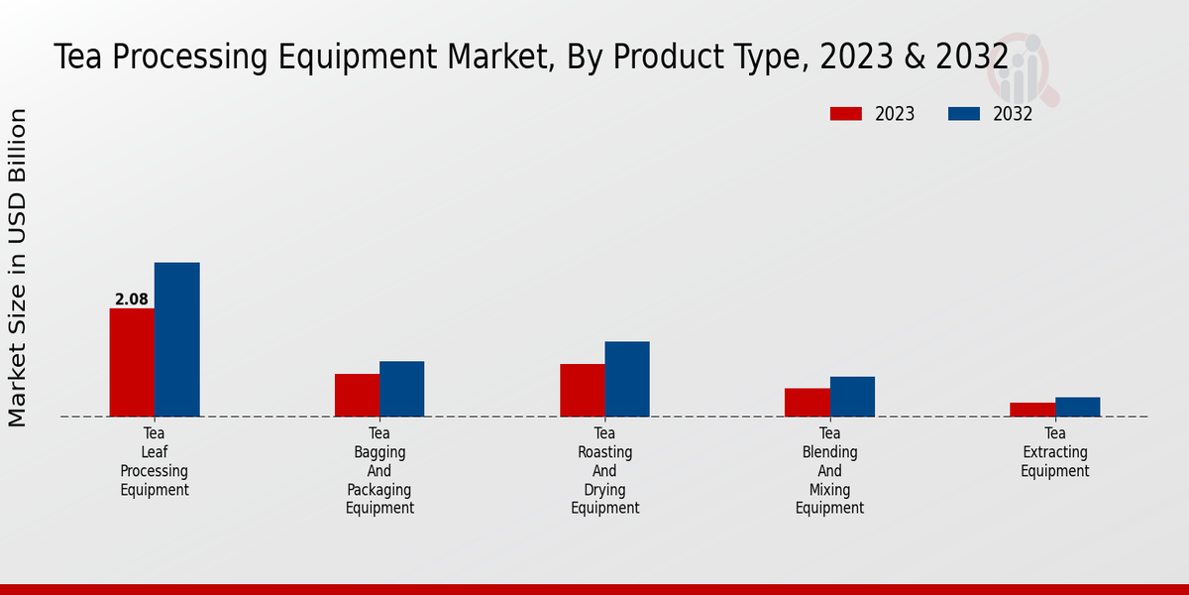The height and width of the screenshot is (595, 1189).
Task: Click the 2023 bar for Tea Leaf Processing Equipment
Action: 132,362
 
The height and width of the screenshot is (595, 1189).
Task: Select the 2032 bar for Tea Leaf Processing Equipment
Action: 176,339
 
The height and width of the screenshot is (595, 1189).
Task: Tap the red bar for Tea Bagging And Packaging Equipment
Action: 357,395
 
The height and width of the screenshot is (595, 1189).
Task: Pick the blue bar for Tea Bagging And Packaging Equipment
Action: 401,389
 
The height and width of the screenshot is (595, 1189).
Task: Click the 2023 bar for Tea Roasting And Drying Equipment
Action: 582,390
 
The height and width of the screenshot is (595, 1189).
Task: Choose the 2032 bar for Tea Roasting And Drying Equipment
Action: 627,379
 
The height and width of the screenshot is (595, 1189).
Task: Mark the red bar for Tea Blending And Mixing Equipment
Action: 807,402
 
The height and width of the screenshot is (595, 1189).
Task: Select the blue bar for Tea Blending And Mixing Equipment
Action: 852,396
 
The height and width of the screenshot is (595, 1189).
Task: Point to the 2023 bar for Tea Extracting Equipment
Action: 1032,409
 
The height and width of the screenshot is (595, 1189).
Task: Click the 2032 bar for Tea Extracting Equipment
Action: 1077,407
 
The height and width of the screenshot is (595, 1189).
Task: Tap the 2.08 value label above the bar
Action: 132,299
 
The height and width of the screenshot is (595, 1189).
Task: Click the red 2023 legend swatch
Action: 845,114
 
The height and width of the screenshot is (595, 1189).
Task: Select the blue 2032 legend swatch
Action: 964,114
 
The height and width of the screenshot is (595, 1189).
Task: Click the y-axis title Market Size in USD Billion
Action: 18,268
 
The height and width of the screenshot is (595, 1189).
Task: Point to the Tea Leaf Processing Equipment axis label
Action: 155,461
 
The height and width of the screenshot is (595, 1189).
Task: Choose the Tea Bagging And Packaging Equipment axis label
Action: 379,470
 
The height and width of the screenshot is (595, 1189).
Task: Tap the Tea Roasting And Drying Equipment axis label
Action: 604,470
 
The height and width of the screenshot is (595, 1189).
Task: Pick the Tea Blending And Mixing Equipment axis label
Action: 829,470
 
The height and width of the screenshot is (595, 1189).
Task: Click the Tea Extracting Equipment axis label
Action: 1055,452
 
